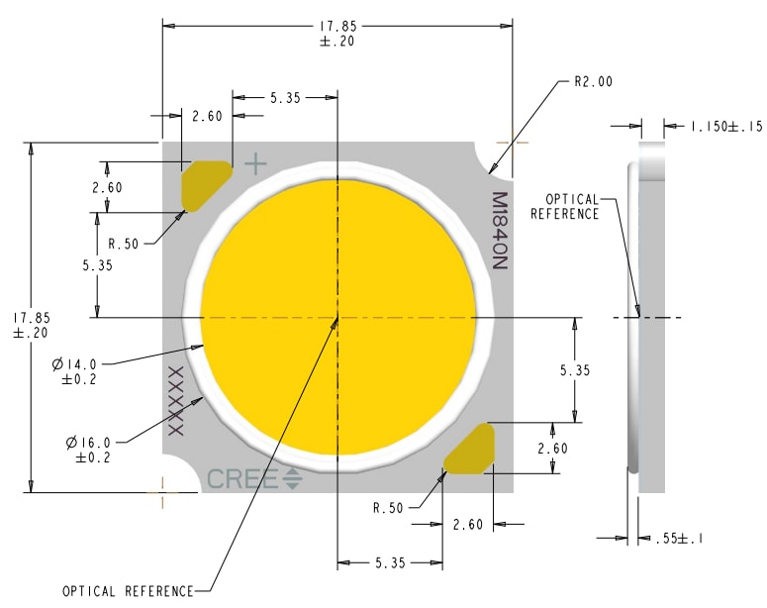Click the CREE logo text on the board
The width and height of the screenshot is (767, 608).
point(243,479)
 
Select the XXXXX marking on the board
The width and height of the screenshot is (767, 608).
point(177,400)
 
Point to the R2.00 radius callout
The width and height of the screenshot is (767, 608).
point(593,82)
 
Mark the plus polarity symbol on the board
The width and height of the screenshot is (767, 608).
point(255,162)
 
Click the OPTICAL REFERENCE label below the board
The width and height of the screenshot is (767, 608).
point(128,591)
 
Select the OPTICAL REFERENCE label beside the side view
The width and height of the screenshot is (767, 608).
point(565,206)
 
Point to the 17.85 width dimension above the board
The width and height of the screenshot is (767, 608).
point(337,34)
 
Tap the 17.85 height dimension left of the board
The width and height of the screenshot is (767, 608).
point(31,325)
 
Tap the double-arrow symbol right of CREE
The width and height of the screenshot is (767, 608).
point(293,479)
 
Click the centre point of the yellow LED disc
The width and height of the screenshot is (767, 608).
point(338,318)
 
